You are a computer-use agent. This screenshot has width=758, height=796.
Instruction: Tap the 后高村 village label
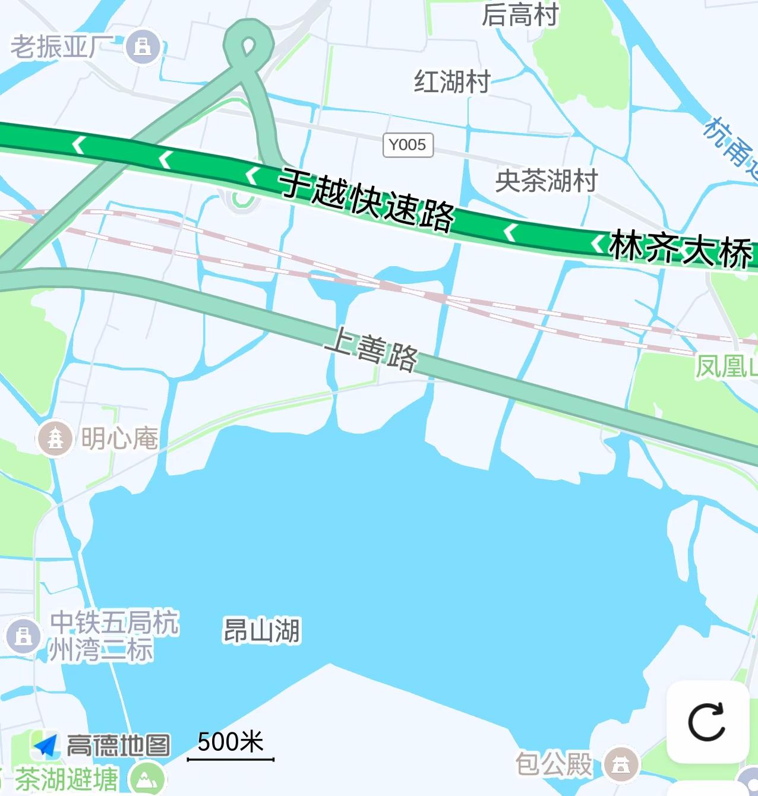(x=520, y=14)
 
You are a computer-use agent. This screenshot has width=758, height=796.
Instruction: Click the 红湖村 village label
(x=452, y=81)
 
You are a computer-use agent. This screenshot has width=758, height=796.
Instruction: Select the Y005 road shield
(x=408, y=145)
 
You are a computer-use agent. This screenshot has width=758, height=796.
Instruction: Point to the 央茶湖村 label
(x=546, y=180)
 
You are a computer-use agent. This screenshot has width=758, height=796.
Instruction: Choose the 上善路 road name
(x=372, y=349)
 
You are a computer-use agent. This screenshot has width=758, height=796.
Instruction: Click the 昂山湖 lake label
(x=261, y=630)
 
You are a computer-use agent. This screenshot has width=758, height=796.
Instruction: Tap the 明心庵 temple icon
(x=55, y=438)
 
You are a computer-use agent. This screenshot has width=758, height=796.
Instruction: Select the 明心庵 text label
(x=119, y=438)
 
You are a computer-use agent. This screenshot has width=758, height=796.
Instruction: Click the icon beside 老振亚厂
(x=143, y=46)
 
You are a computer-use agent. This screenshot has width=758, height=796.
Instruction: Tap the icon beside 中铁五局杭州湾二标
(x=23, y=636)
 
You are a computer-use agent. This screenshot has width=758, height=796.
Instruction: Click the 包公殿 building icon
(x=621, y=763)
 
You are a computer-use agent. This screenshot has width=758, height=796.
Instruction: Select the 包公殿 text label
(x=554, y=763)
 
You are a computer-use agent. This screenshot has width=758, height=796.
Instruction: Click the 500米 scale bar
(x=230, y=758)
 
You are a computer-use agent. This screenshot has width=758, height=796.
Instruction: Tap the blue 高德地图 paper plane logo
(x=46, y=745)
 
